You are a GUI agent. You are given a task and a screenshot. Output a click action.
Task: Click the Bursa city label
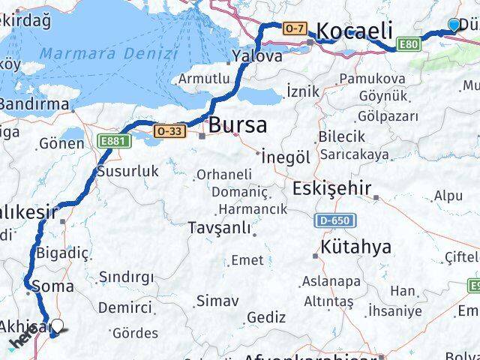(x=238, y=124)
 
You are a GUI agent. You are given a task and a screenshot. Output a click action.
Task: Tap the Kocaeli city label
(x=354, y=31)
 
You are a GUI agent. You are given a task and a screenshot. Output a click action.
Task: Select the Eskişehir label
(x=331, y=187)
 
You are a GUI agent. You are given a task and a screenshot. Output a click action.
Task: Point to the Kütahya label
(x=355, y=247)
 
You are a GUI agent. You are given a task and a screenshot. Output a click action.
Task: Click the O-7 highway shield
(x=295, y=28)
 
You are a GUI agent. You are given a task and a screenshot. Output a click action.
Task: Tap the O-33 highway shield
(x=169, y=130)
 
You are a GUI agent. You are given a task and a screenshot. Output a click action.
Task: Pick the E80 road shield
(x=409, y=44)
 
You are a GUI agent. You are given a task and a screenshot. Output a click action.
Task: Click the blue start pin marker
(x=454, y=25)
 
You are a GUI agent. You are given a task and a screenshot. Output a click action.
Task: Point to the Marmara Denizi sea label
(x=109, y=53)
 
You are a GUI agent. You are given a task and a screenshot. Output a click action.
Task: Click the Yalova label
(x=256, y=56)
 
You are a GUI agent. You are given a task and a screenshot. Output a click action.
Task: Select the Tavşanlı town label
(x=218, y=227)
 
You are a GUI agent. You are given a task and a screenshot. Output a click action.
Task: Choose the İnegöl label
(x=286, y=157)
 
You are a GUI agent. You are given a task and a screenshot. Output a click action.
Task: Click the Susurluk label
(x=128, y=171)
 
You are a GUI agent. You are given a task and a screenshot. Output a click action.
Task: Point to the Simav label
(x=217, y=301)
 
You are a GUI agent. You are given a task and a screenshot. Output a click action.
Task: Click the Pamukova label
(x=372, y=78)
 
